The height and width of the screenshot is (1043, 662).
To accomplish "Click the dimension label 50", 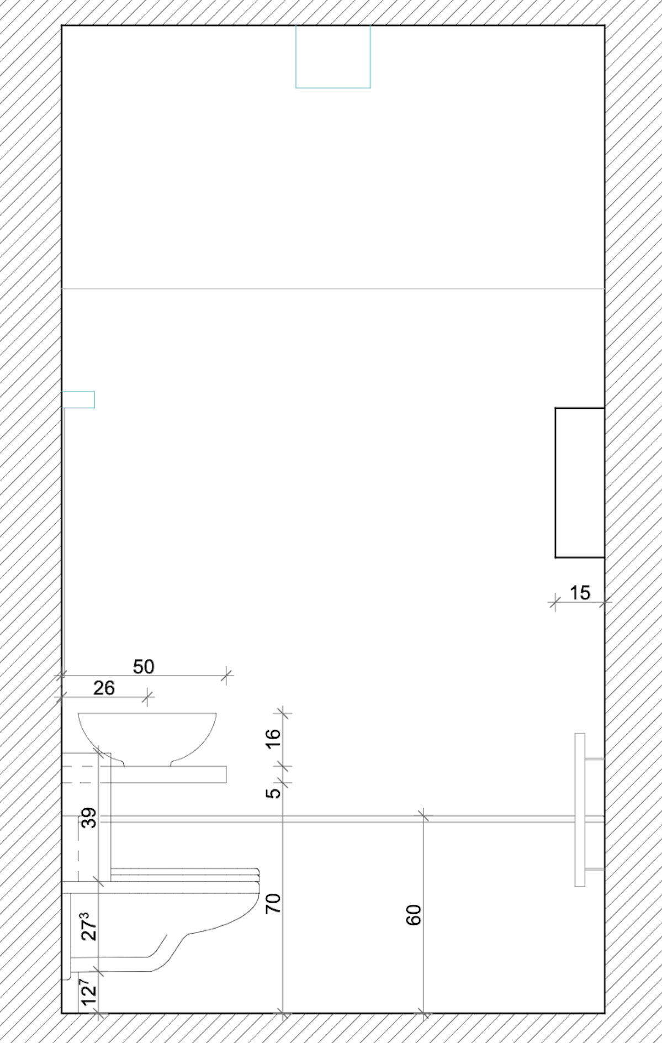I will coord(144,667).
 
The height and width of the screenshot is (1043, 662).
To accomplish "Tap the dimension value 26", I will coord(104,688).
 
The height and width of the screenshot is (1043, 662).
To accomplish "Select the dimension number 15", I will coord(580,593).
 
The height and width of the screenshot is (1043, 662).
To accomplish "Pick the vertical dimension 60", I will coord(414,915).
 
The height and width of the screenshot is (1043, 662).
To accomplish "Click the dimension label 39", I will coord(89,818).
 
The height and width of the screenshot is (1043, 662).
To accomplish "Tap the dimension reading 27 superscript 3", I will coord(89,926).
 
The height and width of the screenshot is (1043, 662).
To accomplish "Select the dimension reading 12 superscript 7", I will coord(89,991).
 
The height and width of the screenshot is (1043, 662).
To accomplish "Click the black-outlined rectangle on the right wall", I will coord(580,483).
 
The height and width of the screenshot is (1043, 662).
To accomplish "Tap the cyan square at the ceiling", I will coord(333,56).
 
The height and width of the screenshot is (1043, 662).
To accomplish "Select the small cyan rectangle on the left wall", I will coord(78,399).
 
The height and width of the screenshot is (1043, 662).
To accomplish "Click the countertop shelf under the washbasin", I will coord(166,775).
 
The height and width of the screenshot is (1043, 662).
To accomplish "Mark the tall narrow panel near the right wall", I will coord(580,810).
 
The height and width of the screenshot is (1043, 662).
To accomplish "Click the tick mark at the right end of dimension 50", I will coord(226,675).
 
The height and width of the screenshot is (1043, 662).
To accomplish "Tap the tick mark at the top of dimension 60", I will coord(423,815).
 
